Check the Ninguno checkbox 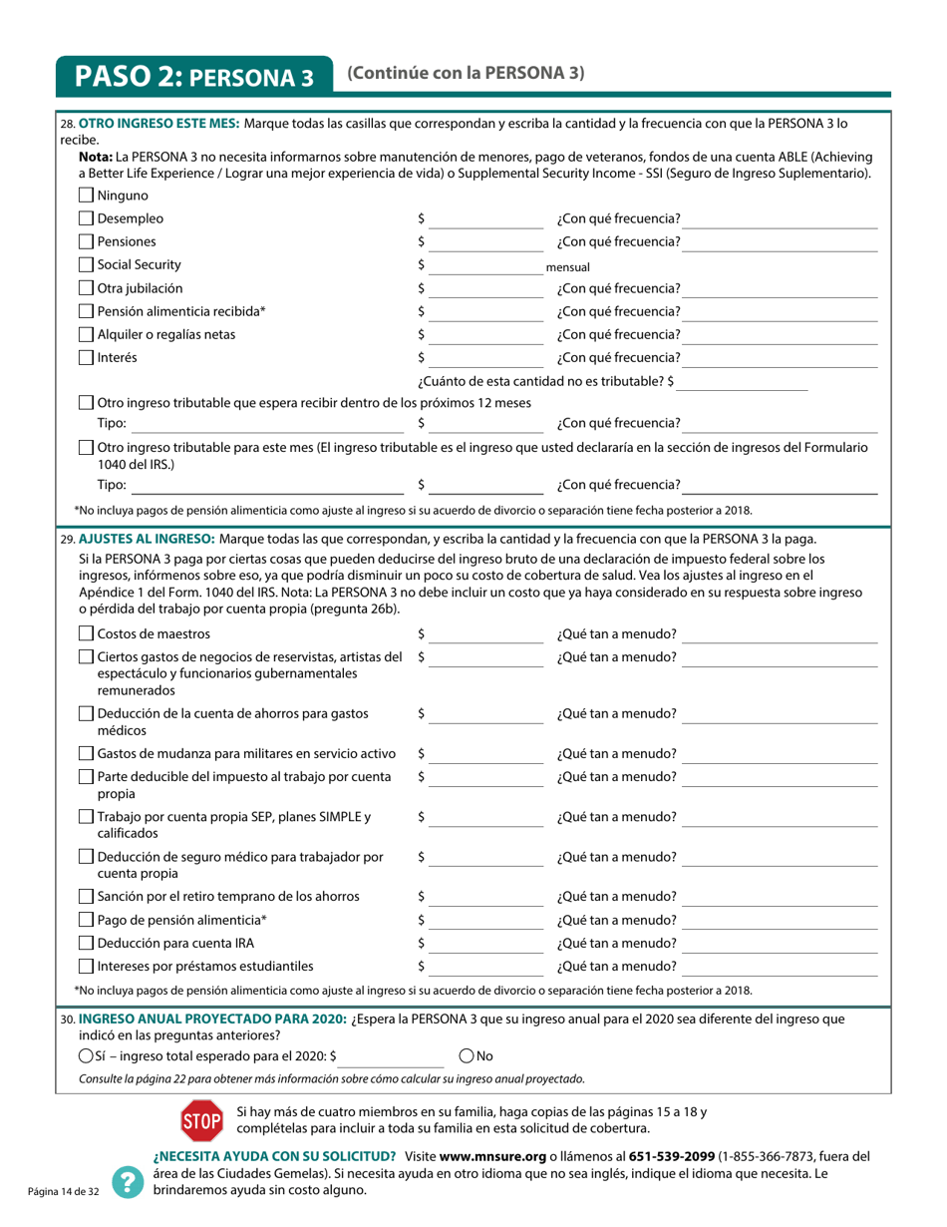[86, 196]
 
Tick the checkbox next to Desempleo [86, 219]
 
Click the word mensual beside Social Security [568, 267]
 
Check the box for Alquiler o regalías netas [86, 335]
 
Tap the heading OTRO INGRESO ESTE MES [158, 124]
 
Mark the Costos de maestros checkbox [86, 634]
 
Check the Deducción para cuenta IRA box [86, 944]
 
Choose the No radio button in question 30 [467, 1055]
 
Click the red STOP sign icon [200, 1121]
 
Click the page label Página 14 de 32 [64, 1192]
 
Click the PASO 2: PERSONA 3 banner [194, 77]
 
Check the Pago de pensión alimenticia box [86, 920]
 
